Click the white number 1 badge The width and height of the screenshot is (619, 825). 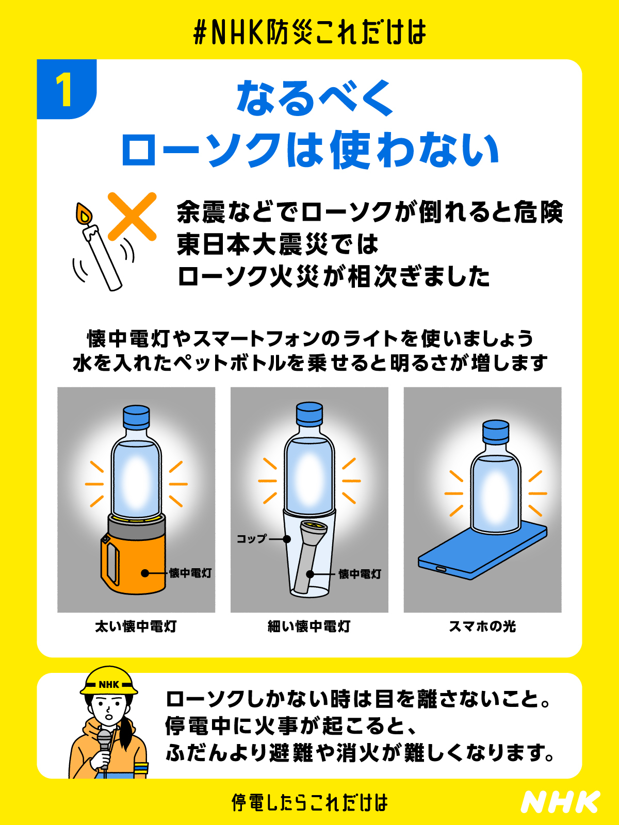(x=64, y=90)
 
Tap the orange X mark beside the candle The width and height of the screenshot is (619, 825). (x=132, y=217)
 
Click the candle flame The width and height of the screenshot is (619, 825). (x=84, y=214)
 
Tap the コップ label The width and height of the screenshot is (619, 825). (x=251, y=539)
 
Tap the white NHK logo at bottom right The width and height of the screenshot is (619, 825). (x=560, y=802)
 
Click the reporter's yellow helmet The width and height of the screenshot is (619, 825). (x=109, y=682)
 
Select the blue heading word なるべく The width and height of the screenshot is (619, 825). (x=315, y=98)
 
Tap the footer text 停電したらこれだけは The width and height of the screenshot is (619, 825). (x=309, y=802)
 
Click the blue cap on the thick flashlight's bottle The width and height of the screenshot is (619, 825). (x=136, y=417)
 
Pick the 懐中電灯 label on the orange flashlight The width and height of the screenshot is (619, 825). (x=190, y=573)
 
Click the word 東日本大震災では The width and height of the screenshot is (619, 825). (x=278, y=244)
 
